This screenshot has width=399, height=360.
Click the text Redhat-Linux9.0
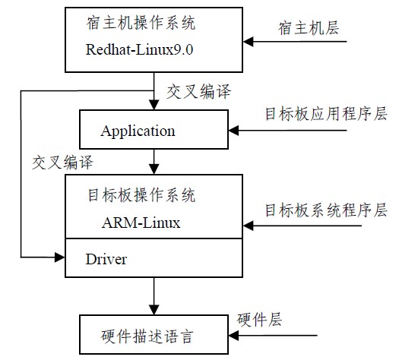point(139,49)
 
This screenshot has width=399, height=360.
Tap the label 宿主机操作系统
point(141,23)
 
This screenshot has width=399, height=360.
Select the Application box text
point(138,131)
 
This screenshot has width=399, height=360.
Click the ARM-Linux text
point(141,223)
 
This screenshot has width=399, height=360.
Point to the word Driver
point(106,259)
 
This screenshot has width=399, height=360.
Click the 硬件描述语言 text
point(147,336)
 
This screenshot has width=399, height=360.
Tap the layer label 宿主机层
point(309,27)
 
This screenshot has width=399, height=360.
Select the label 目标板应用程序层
point(326,113)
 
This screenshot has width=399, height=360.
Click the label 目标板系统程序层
point(326,210)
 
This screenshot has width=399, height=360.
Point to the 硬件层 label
point(260,319)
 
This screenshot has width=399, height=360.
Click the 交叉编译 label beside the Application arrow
point(198,91)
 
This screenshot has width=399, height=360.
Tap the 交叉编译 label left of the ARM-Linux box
point(62,162)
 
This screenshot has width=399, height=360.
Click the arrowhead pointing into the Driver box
point(60,257)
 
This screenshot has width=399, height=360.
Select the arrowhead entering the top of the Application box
point(154,105)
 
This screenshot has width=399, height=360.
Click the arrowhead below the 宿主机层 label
point(249,42)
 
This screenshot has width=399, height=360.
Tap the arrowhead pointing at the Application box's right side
point(233,131)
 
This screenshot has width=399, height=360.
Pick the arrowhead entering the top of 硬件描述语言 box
point(154,310)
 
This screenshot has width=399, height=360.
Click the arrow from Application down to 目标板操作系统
point(154,162)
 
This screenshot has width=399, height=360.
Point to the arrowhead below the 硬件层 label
point(233,336)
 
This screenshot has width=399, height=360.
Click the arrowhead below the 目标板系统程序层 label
point(249,226)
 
